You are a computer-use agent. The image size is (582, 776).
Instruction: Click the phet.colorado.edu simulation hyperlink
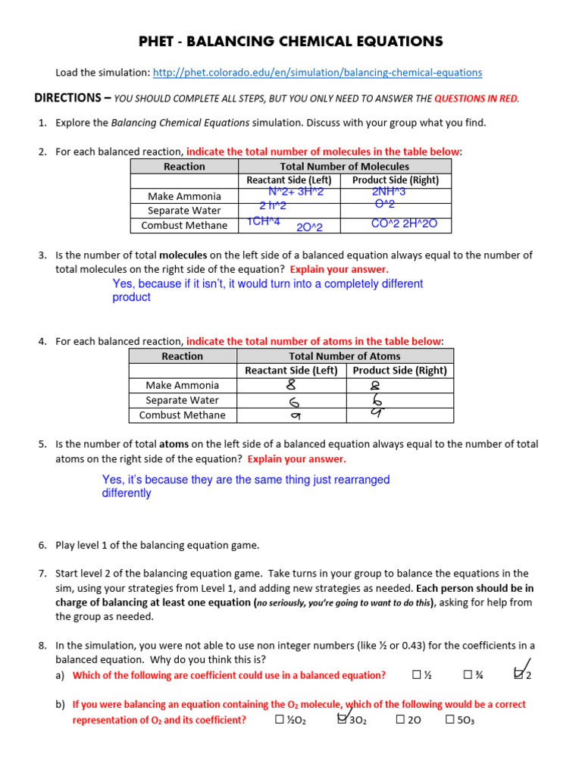coord(317,73)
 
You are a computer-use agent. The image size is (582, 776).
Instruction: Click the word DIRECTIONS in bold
coord(68,99)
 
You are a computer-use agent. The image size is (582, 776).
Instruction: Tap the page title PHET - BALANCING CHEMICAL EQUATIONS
coord(291,42)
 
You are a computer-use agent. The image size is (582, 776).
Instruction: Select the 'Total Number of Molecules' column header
coord(344,166)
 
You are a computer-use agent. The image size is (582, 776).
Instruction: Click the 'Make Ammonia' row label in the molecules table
coord(184,196)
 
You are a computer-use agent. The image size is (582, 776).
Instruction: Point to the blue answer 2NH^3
coord(389,192)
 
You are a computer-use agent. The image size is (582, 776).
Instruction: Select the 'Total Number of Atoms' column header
coord(344,355)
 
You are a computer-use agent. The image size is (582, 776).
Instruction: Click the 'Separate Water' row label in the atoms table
coord(182,400)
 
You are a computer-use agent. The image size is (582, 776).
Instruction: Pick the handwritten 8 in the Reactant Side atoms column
coord(291,385)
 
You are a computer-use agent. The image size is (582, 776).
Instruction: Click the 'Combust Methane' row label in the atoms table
coord(182,415)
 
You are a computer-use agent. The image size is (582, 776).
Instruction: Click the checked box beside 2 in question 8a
coord(519,674)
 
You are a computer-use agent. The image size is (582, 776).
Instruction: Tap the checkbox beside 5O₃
coord(450,720)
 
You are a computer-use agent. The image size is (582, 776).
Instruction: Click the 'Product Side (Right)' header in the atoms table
coord(399,371)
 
